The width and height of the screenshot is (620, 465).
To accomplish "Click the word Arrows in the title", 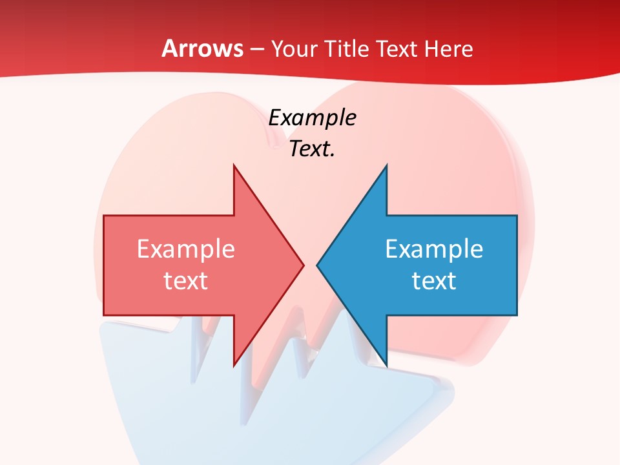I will point(202,48).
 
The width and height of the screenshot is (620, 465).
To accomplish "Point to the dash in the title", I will point(257,49).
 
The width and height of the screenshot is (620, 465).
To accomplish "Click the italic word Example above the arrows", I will point(312,118).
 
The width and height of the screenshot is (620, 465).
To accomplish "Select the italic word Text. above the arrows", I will point(312,149).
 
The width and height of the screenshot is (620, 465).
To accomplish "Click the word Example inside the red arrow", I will point(186,249).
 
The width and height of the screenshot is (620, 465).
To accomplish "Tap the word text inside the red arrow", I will point(186,280).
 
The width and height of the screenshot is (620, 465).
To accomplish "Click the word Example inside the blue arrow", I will point(434,249).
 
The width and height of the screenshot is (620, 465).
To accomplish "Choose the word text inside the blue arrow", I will point(434,280).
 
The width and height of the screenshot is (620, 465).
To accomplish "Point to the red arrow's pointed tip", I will point(304,265).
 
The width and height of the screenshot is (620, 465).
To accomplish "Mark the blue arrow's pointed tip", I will point(317,265).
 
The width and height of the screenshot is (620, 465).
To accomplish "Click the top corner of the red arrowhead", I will point(234,165).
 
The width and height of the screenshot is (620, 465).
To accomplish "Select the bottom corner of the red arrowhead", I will point(234,366).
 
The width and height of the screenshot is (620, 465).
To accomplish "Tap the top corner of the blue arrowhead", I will point(386,165).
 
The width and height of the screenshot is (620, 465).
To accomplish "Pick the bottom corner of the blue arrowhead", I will point(386,366).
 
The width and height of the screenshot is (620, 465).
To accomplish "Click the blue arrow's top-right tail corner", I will point(517,216).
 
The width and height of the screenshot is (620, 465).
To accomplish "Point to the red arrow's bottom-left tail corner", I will point(104,315).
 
